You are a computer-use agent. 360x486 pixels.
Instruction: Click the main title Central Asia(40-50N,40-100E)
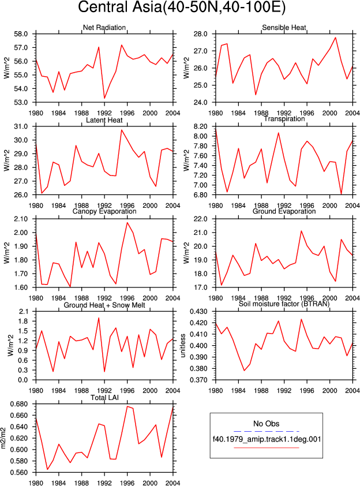point(182,7)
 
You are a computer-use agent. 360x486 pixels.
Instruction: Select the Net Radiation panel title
point(104,28)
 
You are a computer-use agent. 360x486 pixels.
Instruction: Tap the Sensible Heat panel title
point(284,28)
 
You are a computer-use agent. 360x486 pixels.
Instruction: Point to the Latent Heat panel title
point(104,120)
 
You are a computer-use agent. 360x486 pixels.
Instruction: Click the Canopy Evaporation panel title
point(104,211)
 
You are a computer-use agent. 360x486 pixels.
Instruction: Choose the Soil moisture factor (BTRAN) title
point(284,304)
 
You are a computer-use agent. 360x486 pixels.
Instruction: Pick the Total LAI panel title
point(104,397)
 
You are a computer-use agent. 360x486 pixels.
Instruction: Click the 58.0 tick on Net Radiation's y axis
point(21,34)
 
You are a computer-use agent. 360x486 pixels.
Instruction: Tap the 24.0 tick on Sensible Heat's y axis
point(200,102)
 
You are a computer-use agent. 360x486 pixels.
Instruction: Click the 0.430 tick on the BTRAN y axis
point(199,312)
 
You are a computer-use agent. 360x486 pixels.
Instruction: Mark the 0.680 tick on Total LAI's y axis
point(19,404)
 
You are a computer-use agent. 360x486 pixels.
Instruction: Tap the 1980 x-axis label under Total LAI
point(36,483)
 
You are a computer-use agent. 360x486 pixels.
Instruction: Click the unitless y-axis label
point(183,346)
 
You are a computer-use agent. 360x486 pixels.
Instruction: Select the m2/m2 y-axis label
point(3,438)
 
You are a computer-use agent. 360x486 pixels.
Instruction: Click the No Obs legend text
point(266,424)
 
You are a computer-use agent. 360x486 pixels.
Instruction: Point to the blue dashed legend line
point(267,431)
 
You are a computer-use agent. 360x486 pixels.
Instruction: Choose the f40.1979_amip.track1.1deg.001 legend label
point(267,439)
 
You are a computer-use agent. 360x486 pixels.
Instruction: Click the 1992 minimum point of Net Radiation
point(104,98)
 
